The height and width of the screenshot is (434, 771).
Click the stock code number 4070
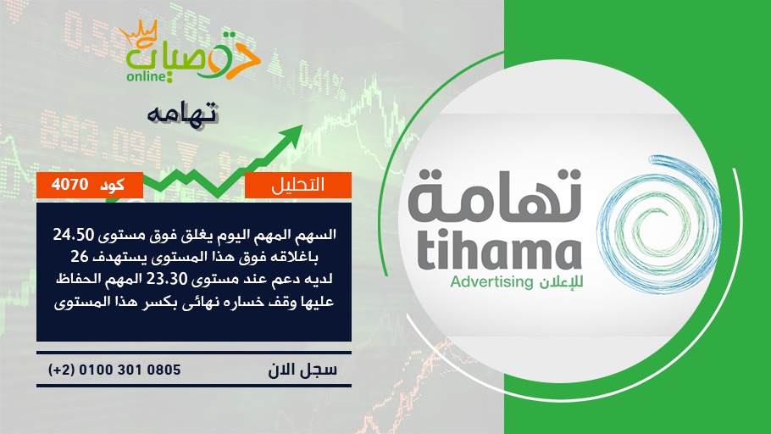tap(69, 185)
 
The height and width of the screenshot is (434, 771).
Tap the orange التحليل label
tap(298, 185)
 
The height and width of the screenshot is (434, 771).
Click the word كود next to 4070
tap(112, 185)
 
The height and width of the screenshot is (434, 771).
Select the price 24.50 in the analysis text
tap(73, 235)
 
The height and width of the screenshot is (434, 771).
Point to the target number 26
tap(79, 256)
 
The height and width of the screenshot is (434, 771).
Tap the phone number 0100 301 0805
tap(130, 370)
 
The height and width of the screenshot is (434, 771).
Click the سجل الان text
tap(302, 370)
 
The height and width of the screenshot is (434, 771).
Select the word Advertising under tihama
tap(491, 282)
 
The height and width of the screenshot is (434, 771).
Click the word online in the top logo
tap(146, 77)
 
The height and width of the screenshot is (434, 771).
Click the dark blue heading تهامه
tap(182, 114)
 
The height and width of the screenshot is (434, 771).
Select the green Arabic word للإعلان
tap(561, 282)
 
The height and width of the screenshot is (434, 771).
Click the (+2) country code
tap(60, 370)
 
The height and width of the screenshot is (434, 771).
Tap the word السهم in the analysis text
tap(317, 235)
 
